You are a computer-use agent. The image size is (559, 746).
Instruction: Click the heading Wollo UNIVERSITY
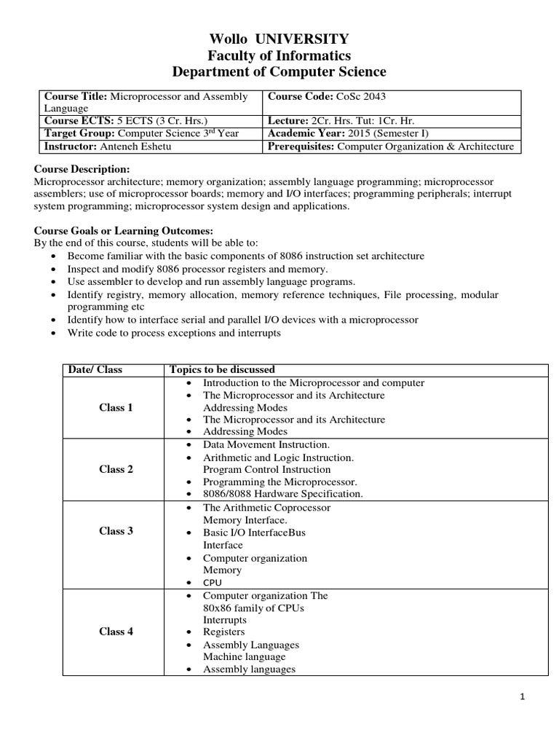coord(279,39)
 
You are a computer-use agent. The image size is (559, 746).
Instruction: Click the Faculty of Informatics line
coord(279,55)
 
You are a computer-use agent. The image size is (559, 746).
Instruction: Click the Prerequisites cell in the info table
coord(391,146)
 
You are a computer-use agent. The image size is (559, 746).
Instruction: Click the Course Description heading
coord(82,169)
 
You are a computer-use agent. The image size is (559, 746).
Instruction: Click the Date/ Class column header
coord(95,369)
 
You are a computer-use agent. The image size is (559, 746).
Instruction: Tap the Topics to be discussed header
coord(222,369)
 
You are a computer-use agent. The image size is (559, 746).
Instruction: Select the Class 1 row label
coord(116,407)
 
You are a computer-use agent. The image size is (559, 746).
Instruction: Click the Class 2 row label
coord(116,469)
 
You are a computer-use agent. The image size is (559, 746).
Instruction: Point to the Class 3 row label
coord(116,531)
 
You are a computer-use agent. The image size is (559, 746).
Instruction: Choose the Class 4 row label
coord(116,632)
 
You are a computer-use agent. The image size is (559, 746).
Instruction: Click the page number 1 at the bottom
coord(522,696)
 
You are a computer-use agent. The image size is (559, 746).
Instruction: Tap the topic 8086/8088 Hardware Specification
coord(282,494)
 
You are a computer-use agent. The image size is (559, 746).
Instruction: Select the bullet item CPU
coord(213,583)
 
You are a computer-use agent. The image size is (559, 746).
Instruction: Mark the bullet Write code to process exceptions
coord(173,333)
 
